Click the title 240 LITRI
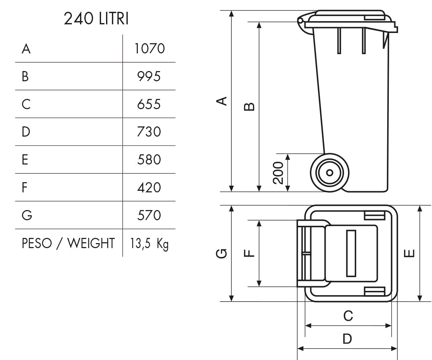click(x=96, y=19)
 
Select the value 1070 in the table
click(x=150, y=49)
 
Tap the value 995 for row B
click(x=149, y=76)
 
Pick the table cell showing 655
click(x=149, y=104)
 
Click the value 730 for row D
click(x=149, y=132)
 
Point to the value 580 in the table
click(x=149, y=159)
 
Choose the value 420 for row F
click(x=149, y=188)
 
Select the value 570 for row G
click(x=149, y=215)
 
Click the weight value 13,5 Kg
click(x=149, y=243)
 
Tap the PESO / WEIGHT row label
click(x=68, y=243)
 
